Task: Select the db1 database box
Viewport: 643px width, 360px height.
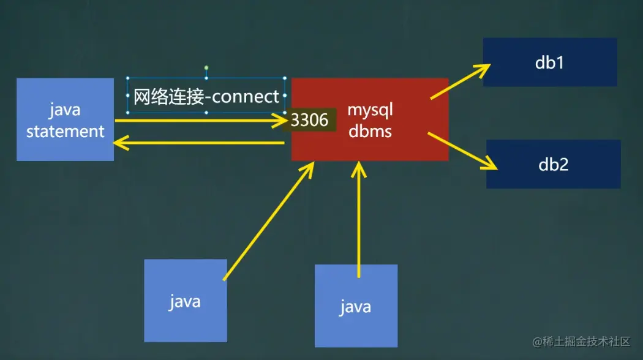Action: [549, 62]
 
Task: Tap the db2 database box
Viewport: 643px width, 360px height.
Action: [553, 164]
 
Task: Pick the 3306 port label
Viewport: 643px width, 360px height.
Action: [310, 120]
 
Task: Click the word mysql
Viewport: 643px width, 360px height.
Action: [370, 110]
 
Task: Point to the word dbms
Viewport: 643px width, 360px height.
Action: [370, 130]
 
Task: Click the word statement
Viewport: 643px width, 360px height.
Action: [65, 131]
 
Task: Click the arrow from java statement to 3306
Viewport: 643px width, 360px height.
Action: [196, 121]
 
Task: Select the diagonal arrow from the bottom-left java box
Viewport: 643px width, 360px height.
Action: [269, 220]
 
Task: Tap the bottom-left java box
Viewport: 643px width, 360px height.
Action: [185, 301]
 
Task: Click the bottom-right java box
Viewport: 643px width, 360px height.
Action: [356, 306]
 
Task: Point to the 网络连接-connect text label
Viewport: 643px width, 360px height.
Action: [206, 97]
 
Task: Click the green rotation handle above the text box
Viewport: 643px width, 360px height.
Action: [206, 67]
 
